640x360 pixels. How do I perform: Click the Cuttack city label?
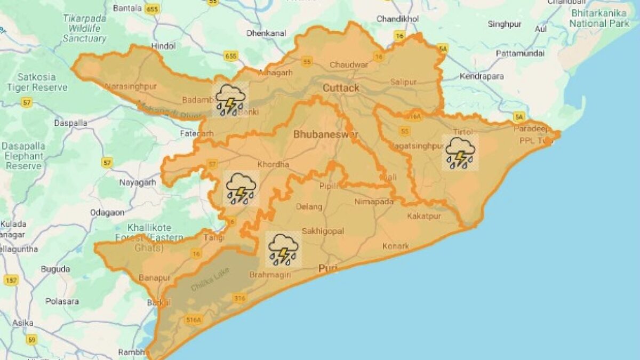coord(341,87)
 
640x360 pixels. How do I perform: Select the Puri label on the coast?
coord(327,268)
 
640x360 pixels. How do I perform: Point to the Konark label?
coord(395,246)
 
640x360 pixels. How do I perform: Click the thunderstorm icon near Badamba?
coord(230,99)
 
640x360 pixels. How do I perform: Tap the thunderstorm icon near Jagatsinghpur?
coord(460,153)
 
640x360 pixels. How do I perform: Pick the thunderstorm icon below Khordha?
coord(241,188)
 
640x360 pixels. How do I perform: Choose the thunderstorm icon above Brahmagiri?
coord(283,249)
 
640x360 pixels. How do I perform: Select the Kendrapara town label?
coord(482,76)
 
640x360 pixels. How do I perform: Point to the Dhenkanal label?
coord(263,33)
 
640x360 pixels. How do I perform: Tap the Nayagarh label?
coord(138,182)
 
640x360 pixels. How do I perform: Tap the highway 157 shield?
coord(11,280)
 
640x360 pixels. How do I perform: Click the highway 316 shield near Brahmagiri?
coord(239,298)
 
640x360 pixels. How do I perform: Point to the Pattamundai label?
coord(520,53)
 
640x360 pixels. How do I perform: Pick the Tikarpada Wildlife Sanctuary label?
coord(85,28)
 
